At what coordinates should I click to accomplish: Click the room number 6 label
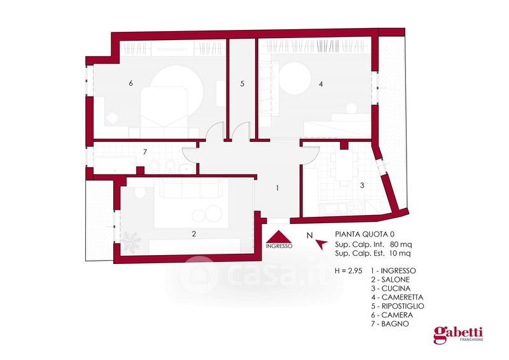coord(130,83)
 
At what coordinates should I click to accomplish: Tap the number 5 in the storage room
coord(242,84)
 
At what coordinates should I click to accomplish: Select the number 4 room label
coord(321,84)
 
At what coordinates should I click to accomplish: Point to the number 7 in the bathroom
coord(145,151)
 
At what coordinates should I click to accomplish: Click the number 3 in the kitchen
coord(362,185)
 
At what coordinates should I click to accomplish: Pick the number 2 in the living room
coord(194,233)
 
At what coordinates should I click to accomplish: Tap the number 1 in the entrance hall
coord(277,188)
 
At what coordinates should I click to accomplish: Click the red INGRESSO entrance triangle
coord(279,237)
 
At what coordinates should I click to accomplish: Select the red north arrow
coord(321,244)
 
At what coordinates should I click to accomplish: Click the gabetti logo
coord(458,335)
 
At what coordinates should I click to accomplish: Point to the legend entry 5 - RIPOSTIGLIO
coord(398,306)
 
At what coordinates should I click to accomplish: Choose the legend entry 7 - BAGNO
coord(390,324)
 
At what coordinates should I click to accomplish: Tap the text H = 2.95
coord(348,271)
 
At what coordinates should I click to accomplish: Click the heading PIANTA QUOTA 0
coord(365,234)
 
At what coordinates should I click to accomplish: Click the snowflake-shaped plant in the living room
coord(131,242)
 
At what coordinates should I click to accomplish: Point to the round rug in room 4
coord(295,78)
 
